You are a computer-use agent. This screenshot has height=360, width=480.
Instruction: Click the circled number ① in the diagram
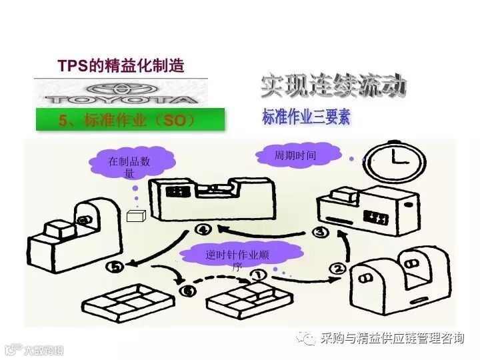(257, 273)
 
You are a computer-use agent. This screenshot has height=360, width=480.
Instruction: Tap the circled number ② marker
(338, 269)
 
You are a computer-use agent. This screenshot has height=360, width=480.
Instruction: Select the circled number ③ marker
(321, 232)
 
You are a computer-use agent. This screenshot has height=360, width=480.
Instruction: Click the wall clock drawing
(398, 160)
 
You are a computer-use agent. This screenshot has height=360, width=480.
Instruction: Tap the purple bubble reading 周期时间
(295, 155)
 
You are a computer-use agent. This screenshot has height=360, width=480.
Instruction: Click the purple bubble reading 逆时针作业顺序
(237, 257)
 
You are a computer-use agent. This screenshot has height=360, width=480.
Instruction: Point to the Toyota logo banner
(121, 93)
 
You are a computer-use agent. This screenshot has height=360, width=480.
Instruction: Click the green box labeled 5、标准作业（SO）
(130, 120)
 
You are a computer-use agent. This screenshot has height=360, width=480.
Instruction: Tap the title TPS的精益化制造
(120, 66)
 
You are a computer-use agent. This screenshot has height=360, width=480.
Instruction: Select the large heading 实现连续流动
(333, 86)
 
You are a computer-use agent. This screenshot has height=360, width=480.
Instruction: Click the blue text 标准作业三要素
(306, 118)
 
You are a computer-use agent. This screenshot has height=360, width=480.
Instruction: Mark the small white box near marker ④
(137, 216)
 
